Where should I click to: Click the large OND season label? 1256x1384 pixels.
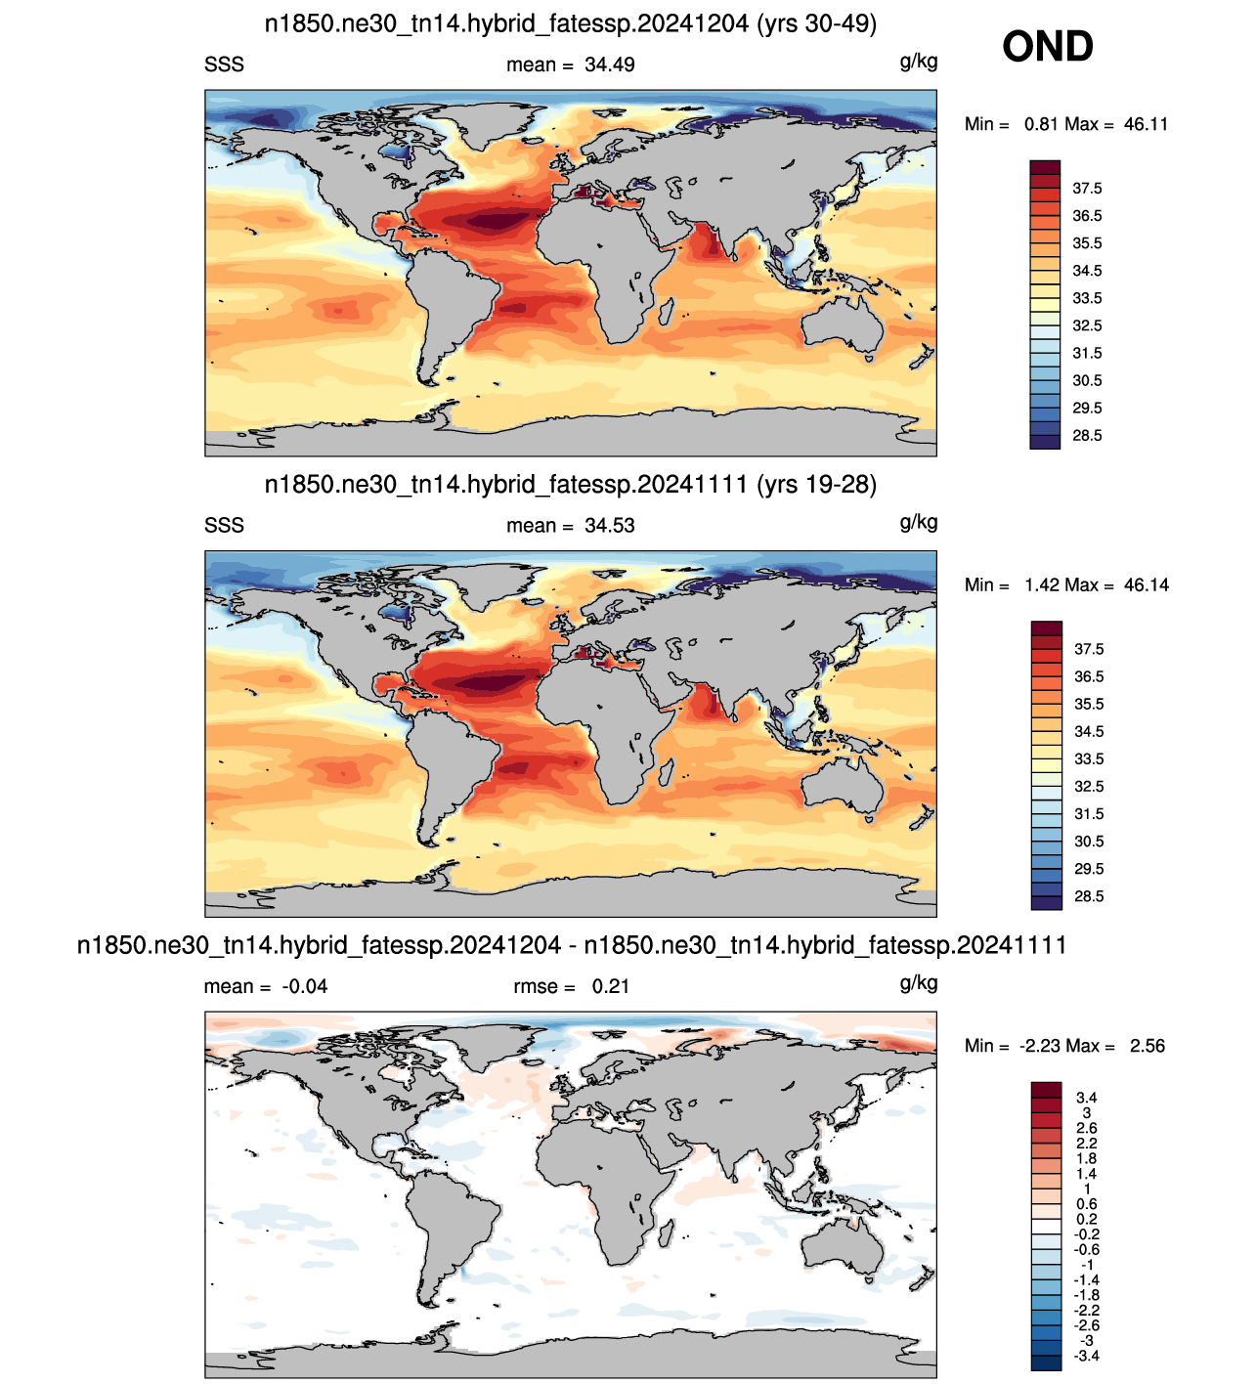1047,47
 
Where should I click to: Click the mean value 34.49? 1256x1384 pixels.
609,65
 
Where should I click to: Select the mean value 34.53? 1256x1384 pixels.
609,526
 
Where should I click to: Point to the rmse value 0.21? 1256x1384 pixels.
611,986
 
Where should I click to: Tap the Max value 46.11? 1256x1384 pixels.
1146,124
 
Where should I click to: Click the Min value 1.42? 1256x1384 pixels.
1042,585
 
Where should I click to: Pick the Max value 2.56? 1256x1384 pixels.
1147,1046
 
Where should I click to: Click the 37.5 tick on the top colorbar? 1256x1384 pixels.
1087,189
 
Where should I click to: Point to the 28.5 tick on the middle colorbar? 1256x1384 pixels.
1089,896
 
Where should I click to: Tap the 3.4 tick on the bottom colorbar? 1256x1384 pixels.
1086,1098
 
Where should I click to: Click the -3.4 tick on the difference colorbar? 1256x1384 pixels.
1086,1356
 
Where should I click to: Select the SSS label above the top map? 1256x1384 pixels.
224,65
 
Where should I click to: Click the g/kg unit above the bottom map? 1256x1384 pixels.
919,983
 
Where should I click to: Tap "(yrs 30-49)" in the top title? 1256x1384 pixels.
817,24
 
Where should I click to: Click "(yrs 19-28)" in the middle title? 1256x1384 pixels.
817,485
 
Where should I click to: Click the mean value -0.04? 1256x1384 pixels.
304,986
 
